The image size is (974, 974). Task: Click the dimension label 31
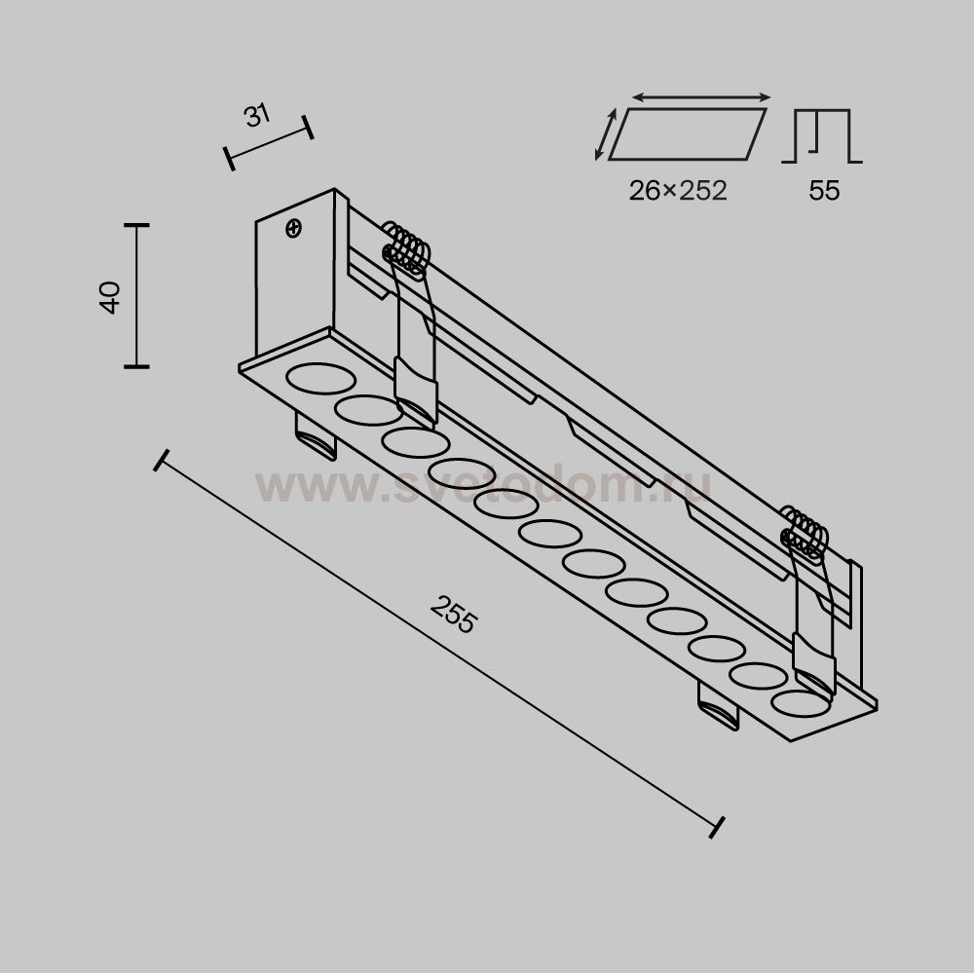click(x=257, y=116)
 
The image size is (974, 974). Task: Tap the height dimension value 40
click(x=111, y=297)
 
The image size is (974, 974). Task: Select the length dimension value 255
click(x=454, y=614)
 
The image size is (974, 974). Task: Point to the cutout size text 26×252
click(x=678, y=190)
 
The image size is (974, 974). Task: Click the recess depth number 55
click(x=824, y=190)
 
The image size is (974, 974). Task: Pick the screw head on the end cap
click(x=294, y=228)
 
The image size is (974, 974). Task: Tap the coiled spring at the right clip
click(x=805, y=532)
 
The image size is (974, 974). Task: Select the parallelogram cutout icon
click(x=687, y=134)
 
